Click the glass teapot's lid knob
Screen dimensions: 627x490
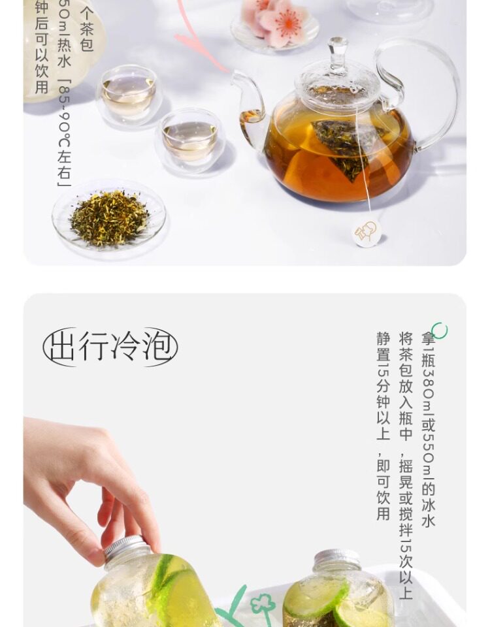pyautogui.click(x=338, y=50)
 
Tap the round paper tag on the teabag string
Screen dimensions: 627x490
pyautogui.click(x=367, y=233)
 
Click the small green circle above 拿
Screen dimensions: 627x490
pyautogui.click(x=440, y=330)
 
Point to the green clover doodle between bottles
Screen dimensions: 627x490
pyautogui.click(x=261, y=604)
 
